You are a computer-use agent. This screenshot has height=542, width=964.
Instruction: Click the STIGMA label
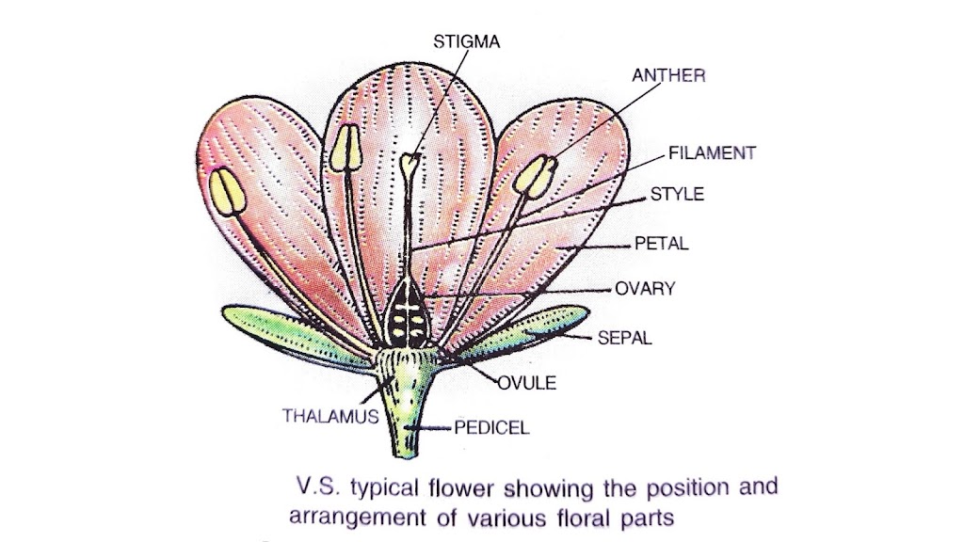pyautogui.click(x=467, y=41)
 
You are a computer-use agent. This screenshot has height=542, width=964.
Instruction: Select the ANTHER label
pyautogui.click(x=668, y=76)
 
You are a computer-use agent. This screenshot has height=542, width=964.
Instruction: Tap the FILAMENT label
pyautogui.click(x=712, y=152)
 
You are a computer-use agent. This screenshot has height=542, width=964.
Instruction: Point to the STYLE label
pyautogui.click(x=677, y=195)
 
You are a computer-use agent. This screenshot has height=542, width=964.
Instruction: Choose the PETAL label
pyautogui.click(x=662, y=244)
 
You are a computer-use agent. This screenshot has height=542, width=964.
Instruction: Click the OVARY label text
pyautogui.click(x=645, y=289)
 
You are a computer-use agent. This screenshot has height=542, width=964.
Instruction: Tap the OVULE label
pyautogui.click(x=526, y=382)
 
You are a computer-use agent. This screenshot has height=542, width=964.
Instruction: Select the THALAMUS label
pyautogui.click(x=330, y=414)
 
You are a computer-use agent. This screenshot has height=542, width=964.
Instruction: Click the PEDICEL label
pyautogui.click(x=491, y=427)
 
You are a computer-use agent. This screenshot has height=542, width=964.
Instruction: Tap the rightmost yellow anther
pyautogui.click(x=535, y=175)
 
